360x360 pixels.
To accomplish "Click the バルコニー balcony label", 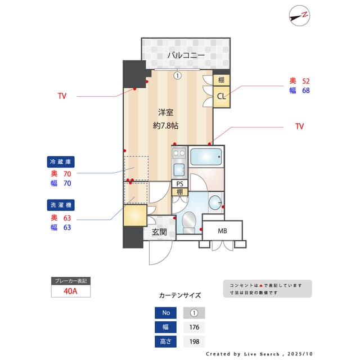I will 185,55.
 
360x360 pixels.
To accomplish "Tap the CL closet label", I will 222,96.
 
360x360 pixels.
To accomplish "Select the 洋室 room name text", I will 165,112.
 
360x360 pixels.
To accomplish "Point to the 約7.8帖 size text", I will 165,125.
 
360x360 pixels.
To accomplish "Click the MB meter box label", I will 222,231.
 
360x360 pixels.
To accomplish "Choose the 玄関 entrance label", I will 159,232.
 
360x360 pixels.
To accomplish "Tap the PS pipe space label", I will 180,184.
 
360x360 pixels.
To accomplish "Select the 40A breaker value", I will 70,291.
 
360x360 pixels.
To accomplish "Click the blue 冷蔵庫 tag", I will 61,162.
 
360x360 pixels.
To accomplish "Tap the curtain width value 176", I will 194,327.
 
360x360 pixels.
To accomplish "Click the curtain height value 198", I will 194,341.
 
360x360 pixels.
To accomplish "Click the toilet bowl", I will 188,220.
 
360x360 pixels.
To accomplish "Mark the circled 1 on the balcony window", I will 177,75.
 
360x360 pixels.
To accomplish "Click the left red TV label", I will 62,96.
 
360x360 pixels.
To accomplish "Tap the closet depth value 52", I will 307,81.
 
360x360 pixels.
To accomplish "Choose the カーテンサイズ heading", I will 179,295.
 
